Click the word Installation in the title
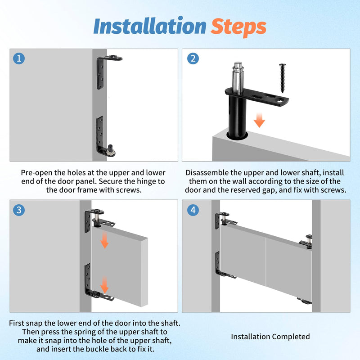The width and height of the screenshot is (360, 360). (x=150, y=26)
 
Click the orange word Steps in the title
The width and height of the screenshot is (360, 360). (x=238, y=27)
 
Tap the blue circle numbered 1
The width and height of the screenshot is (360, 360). (x=19, y=58)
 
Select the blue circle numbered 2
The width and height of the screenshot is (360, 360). (x=193, y=58)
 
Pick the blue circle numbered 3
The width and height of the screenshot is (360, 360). (x=19, y=210)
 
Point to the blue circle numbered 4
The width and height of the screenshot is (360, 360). (x=193, y=210)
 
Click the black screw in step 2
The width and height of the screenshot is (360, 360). (x=283, y=78)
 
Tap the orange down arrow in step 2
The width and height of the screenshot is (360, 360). (x=260, y=120)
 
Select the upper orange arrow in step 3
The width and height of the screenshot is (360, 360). (x=104, y=240)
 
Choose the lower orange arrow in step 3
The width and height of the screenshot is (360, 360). (x=104, y=285)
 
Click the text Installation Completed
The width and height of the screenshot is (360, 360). (x=270, y=337)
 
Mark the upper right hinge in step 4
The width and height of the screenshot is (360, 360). (x=306, y=242)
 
